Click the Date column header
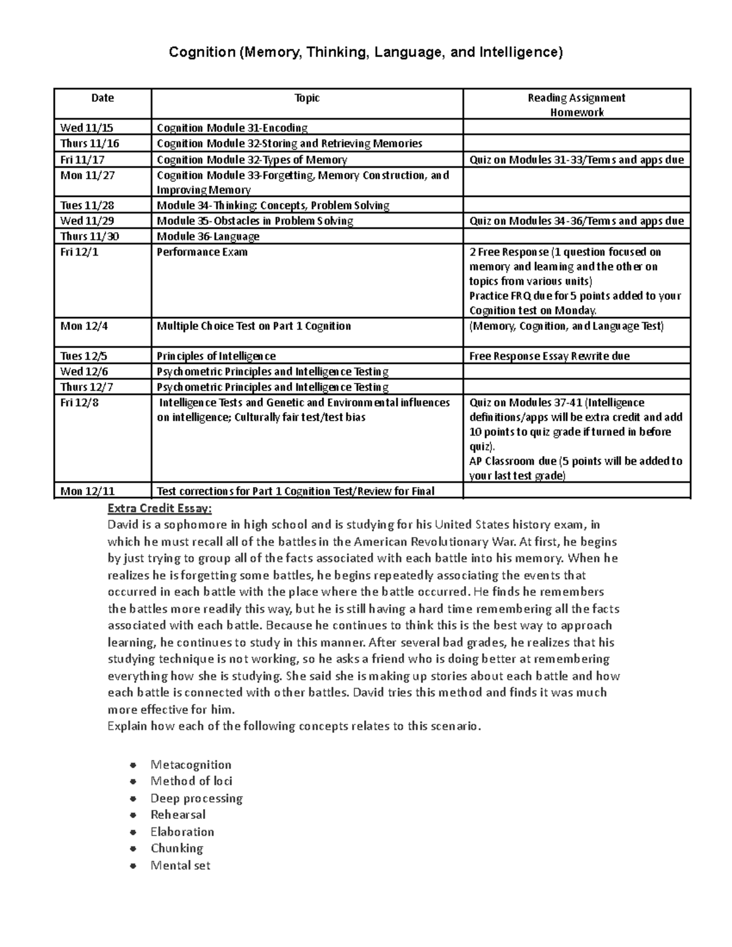(x=102, y=98)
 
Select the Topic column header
(x=307, y=98)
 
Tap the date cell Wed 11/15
(x=87, y=127)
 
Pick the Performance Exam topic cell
(x=203, y=252)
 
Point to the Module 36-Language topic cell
(x=208, y=236)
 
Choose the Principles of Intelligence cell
(x=217, y=356)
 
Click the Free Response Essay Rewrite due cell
(x=549, y=356)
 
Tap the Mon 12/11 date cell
(x=87, y=491)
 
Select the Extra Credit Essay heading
(x=160, y=508)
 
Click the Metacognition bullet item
(x=191, y=765)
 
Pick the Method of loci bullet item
(x=191, y=781)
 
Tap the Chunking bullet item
(x=177, y=848)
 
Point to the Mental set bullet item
(x=180, y=865)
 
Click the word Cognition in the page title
(x=201, y=53)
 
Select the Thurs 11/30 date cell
(x=90, y=236)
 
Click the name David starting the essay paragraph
(x=123, y=525)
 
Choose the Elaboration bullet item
(x=182, y=832)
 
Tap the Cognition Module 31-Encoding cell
(x=232, y=127)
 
